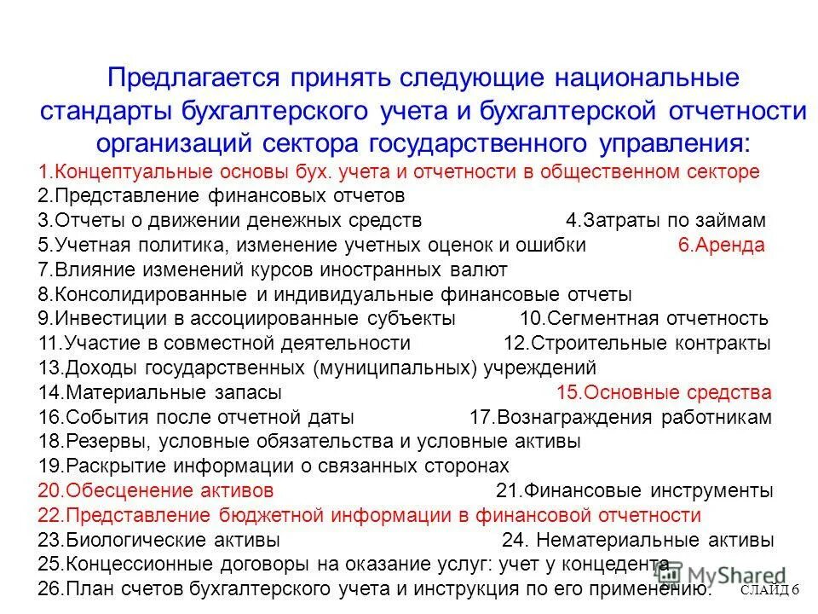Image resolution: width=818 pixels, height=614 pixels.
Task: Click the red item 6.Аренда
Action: pos(721,245)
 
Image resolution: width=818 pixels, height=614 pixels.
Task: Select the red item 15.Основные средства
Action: pos(664,393)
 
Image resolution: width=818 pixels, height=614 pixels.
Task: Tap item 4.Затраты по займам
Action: pos(665,220)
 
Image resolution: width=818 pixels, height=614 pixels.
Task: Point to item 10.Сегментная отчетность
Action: pos(643,319)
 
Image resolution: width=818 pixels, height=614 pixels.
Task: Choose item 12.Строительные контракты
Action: pos(637,344)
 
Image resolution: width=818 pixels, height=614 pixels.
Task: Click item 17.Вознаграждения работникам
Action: pos(621,418)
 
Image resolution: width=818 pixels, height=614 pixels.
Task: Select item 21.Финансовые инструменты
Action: pos(634,491)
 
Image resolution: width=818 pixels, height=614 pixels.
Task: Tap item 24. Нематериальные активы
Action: pos(638,541)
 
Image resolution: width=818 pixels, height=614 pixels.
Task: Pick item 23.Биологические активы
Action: pos(159,541)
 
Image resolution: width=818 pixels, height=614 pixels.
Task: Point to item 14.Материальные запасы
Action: pos(160,393)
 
